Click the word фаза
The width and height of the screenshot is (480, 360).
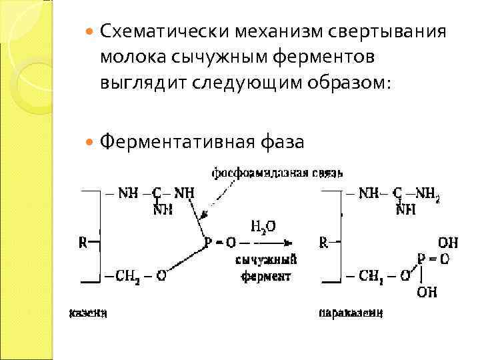pyautogui.click(x=282, y=141)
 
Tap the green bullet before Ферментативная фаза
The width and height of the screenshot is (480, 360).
pyautogui.click(x=91, y=142)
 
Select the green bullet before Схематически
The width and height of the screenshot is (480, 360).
pyautogui.click(x=91, y=32)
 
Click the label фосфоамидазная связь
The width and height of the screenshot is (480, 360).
pyautogui.click(x=277, y=173)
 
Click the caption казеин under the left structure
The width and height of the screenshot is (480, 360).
pyautogui.click(x=87, y=312)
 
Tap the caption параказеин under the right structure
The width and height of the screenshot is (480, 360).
pyautogui.click(x=350, y=312)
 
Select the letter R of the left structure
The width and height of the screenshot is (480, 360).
pyautogui.click(x=83, y=243)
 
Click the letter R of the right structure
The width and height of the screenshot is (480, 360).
pyautogui.click(x=323, y=243)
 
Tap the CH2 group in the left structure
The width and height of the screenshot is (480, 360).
pyautogui.click(x=124, y=275)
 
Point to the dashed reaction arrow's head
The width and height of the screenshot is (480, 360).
pyautogui.click(x=288, y=243)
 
